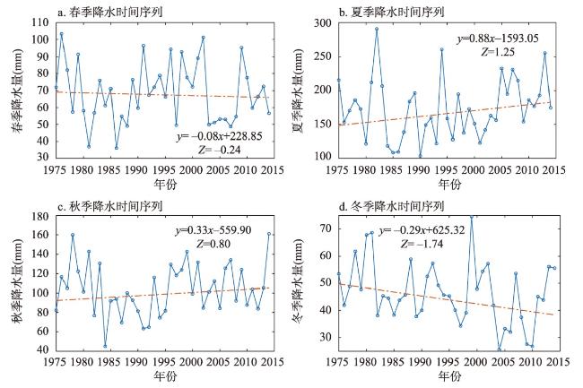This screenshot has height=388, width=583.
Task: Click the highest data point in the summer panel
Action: [377, 29]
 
